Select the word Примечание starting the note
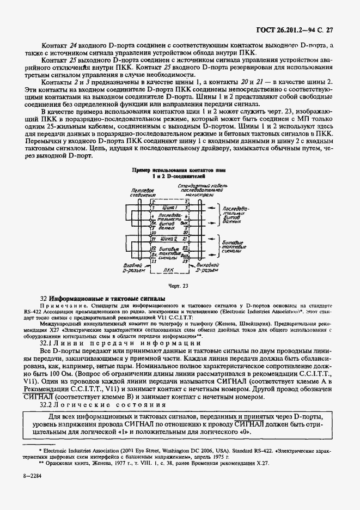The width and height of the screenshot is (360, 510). pos(59,308)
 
